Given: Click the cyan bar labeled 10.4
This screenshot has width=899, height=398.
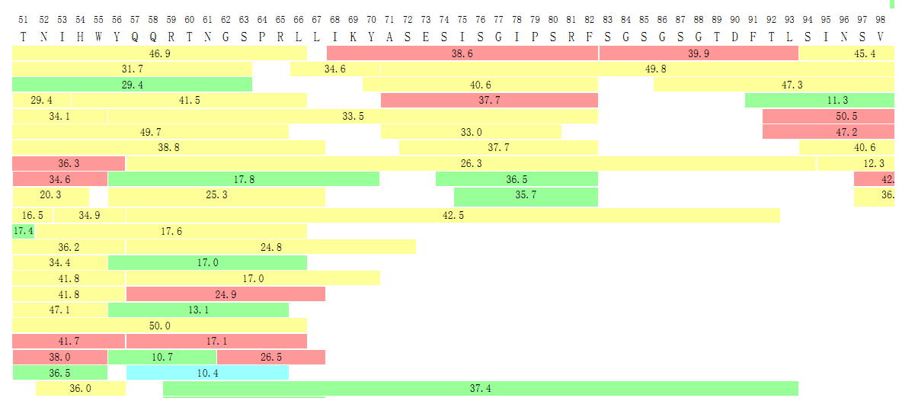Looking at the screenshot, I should click(207, 373).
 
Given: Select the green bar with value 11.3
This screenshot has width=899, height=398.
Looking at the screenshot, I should click(819, 100).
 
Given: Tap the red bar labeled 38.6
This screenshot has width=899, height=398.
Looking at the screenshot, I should click(462, 53).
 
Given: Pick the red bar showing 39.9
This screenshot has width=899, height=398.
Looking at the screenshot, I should click(698, 53).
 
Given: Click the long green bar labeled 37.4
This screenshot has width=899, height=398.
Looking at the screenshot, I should click(480, 388).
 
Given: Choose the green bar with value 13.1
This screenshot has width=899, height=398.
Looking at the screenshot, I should click(198, 310).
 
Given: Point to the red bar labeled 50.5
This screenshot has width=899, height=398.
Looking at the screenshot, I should click(828, 116).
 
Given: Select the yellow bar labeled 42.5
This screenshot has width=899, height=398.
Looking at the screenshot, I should click(453, 216).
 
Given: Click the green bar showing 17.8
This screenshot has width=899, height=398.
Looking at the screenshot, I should click(243, 179).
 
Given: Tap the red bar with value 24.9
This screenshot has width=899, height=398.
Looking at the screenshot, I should click(226, 294).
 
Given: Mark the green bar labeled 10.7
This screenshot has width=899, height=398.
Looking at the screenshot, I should click(162, 357).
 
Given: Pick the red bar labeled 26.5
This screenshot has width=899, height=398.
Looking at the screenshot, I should click(270, 357).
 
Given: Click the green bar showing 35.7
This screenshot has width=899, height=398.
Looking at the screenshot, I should click(526, 194).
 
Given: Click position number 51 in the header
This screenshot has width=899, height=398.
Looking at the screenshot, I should click(23, 19).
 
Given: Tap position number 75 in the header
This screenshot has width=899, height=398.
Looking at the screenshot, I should click(462, 19).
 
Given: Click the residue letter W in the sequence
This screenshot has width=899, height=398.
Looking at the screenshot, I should click(98, 37).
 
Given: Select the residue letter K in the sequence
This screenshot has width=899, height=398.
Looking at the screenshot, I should click(353, 37).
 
